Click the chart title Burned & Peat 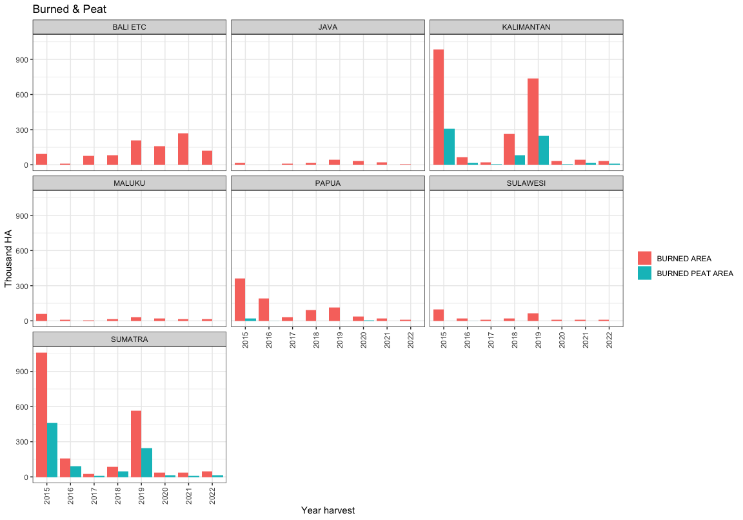coord(70,9)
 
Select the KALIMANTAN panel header coord(526,27)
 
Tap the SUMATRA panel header coord(129,339)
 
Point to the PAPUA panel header coord(328,183)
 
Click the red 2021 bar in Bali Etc coord(183,149)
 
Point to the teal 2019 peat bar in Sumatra coord(147,463)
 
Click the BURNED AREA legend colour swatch coord(644,258)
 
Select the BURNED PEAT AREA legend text coord(695,274)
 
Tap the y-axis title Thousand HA coord(8,258)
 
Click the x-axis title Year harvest coord(328,510)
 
